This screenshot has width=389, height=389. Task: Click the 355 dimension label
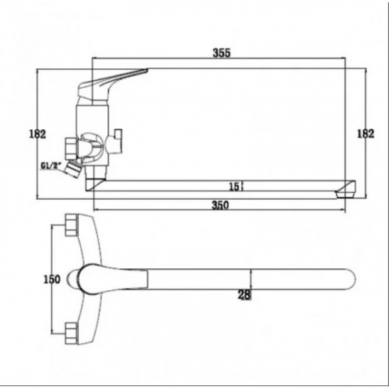point(222,53)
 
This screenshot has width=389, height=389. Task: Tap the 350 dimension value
point(220,205)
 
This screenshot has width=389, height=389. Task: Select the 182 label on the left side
point(37,134)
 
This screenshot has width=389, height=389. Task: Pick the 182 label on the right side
point(366,134)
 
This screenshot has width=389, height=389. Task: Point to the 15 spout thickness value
point(234,187)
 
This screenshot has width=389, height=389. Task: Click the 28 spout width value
point(244,295)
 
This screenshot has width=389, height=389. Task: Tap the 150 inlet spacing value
point(52,279)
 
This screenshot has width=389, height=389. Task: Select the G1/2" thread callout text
point(50,166)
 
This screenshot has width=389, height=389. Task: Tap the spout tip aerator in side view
point(345,191)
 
